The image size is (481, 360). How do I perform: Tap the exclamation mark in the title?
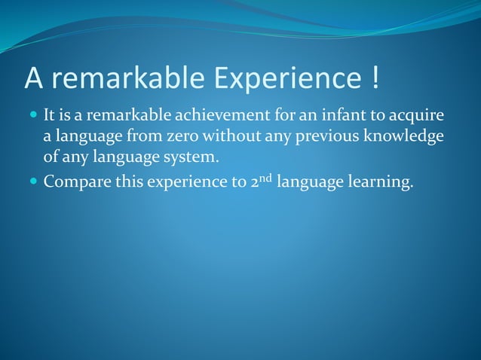coord(375,78)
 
